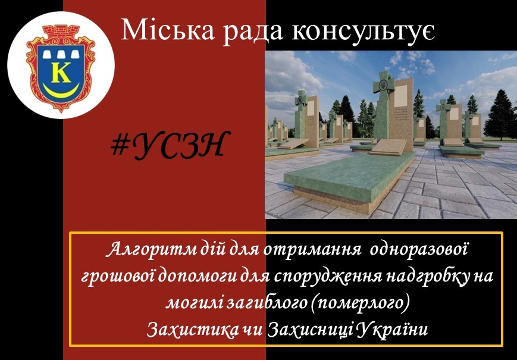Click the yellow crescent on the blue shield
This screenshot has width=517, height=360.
click(x=62, y=90)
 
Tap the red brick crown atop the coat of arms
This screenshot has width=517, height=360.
click(x=61, y=35)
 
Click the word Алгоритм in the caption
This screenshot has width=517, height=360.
click(x=152, y=250)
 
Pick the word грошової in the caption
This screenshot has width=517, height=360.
click(x=118, y=276)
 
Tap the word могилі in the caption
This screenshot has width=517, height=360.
click(x=194, y=302)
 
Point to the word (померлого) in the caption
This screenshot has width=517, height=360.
click(x=361, y=302)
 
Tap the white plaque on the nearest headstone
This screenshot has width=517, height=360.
click(x=400, y=96)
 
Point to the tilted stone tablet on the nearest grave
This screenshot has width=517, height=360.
click(x=388, y=146)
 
